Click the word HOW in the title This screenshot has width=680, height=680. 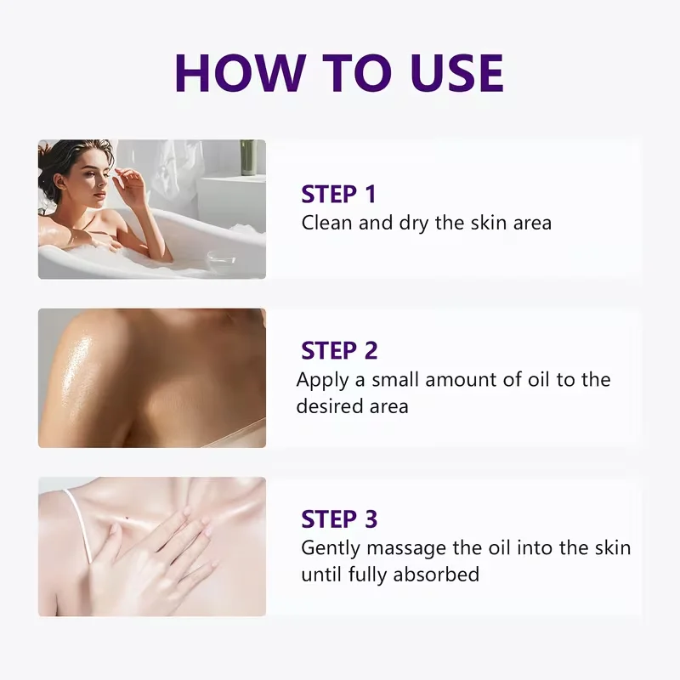coord(241,73)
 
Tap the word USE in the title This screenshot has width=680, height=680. coord(456,73)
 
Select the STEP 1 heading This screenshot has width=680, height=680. coord(338,194)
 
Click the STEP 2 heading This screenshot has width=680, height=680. coord(339,350)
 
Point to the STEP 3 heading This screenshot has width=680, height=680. coord(339,518)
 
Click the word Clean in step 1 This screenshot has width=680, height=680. coord(326,223)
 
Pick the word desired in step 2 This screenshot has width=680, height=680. coord(330,406)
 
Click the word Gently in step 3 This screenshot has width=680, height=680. coord(331,548)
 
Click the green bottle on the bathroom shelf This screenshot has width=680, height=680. coord(248,157)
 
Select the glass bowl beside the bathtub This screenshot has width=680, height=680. coord(221,259)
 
